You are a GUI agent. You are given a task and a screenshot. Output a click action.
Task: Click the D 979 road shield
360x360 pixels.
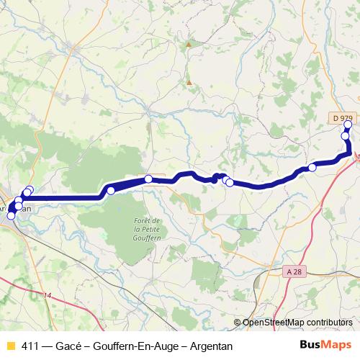coord(343,117)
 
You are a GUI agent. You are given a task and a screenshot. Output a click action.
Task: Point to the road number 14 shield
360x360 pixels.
coord(48,296)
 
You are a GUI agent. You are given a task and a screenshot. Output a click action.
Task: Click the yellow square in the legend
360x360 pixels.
coord(10,346)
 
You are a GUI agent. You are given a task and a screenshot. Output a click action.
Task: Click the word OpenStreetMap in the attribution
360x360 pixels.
coord(275,323)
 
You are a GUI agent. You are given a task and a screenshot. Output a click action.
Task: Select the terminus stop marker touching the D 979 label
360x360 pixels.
coord(348,125)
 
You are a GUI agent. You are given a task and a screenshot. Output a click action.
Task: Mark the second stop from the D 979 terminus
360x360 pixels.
coord(345,135)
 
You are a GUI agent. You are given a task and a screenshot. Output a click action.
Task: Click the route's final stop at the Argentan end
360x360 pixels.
coord(10,215)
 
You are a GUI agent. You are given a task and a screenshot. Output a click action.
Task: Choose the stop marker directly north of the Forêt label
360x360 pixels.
coord(148,179)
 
